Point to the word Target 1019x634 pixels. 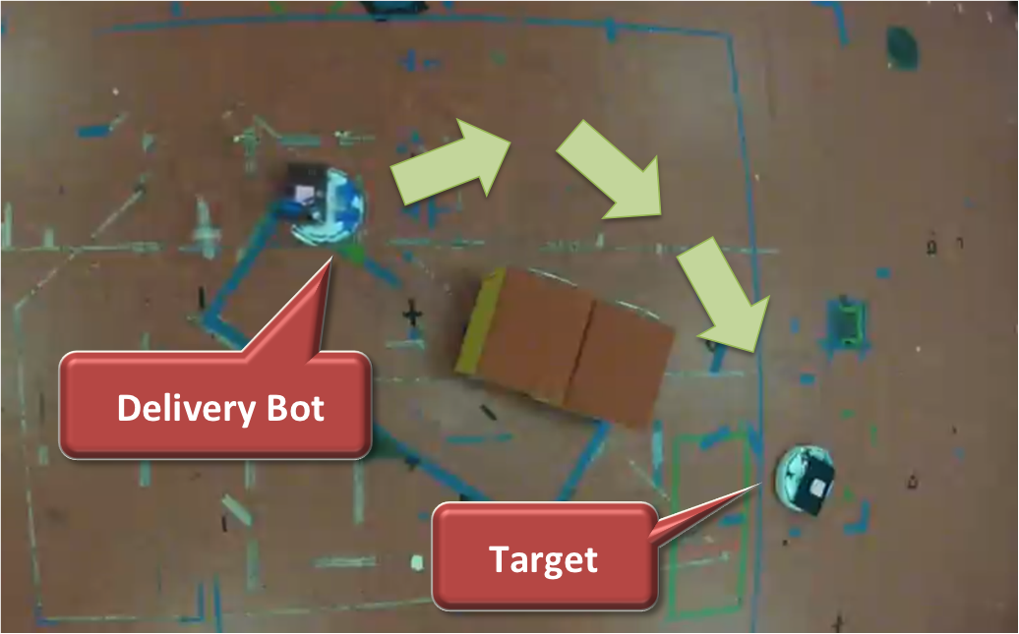[543, 560]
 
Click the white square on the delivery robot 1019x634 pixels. [305, 193]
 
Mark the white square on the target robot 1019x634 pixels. [816, 487]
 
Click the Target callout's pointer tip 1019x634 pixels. [760, 484]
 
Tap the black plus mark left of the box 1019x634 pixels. [412, 316]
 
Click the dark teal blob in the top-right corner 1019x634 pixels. [903, 47]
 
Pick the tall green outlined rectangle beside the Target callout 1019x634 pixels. [709, 524]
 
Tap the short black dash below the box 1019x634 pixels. [488, 412]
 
